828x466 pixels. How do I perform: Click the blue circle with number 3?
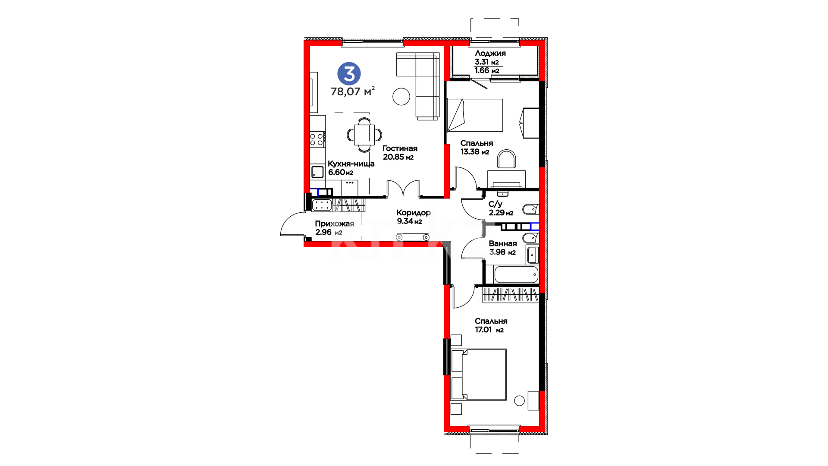point(349,73)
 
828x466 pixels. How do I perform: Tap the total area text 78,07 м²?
point(353,91)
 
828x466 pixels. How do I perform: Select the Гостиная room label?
point(400,148)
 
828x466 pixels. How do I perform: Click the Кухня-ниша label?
point(351,164)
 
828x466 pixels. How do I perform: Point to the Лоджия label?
point(490,54)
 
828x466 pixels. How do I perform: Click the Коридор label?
point(414,213)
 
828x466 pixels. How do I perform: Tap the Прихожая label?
point(335,224)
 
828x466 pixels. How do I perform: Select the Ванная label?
point(503,243)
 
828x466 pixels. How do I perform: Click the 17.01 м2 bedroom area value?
point(489,330)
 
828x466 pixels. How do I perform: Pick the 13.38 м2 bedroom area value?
point(475,151)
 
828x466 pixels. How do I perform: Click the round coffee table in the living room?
point(401,97)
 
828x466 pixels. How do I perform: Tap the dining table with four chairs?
point(364,135)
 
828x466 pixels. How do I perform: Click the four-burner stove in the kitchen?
point(317,139)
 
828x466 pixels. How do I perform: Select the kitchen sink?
point(317,172)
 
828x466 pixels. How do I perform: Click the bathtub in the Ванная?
point(516,274)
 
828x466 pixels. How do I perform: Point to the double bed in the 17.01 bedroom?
point(479,375)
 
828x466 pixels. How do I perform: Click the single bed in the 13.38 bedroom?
point(475,115)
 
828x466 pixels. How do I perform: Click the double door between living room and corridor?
point(403,189)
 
